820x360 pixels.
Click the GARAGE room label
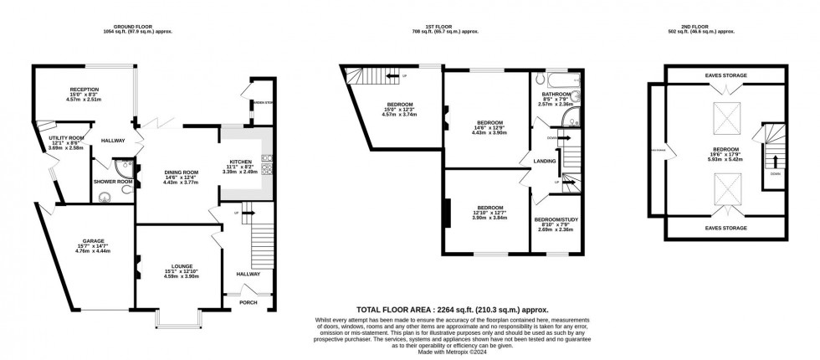tap(81, 240)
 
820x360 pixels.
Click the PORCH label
tap(249, 302)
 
